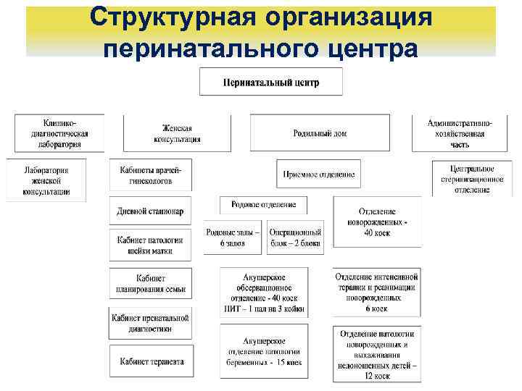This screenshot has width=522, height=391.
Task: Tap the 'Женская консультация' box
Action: [x=177, y=133]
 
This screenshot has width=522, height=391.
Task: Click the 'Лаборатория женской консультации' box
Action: [x=46, y=180]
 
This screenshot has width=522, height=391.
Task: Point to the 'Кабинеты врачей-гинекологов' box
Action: [x=151, y=175]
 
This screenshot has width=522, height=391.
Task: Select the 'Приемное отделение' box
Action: [x=318, y=174]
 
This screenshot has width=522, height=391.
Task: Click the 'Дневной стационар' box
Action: [x=151, y=211]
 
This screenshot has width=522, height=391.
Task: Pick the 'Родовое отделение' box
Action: [x=263, y=205]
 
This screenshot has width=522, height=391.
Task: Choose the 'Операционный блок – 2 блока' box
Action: [x=295, y=237]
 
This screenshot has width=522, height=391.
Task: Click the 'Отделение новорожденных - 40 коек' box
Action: [x=376, y=222]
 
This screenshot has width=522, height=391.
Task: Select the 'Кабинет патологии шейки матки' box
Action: [x=151, y=245]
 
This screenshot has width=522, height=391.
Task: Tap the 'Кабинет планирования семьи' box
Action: [x=151, y=283]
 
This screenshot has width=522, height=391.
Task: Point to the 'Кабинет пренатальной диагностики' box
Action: [x=151, y=322]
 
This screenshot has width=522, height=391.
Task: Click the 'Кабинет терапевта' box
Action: [x=151, y=361]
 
